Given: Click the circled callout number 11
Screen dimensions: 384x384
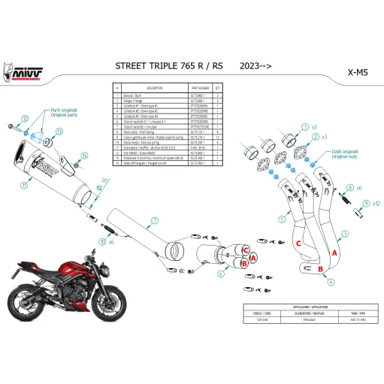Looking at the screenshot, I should (24, 184).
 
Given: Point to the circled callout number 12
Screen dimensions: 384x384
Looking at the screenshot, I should (25, 119).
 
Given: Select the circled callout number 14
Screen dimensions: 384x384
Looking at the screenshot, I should (85, 156).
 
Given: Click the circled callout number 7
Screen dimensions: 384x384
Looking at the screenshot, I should (156, 221).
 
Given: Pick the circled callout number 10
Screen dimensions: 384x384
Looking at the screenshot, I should (102, 242).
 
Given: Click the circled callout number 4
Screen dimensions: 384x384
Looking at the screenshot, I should (331, 283).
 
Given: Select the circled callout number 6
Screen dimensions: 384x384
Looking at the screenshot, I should (221, 274).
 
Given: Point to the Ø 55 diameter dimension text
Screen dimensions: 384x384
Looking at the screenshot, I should (105, 182).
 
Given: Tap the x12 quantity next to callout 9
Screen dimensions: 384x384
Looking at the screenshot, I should (376, 203).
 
